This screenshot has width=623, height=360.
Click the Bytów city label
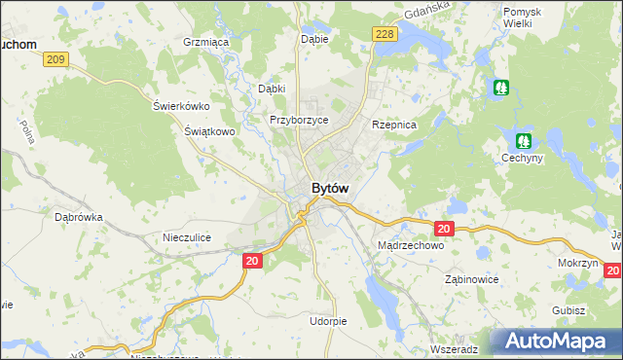pos(330,188)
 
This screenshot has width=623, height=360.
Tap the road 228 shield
pos(385,34)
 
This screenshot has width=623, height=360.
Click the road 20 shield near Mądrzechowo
pos(444,229)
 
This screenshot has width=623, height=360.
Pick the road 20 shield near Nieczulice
pos(252,261)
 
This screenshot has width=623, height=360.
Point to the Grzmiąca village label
pos(205,43)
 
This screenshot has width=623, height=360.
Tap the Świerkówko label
pos(181,106)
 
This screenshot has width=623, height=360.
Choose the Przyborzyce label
pos(299,120)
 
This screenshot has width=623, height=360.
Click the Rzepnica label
pos(394,126)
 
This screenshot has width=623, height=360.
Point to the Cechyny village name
pos(522,158)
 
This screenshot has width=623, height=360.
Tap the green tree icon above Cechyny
pos(524,141)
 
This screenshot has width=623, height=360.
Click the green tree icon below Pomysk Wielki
pos(500,88)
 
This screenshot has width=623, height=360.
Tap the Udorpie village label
pos(327,320)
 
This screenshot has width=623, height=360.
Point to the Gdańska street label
pos(425,13)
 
